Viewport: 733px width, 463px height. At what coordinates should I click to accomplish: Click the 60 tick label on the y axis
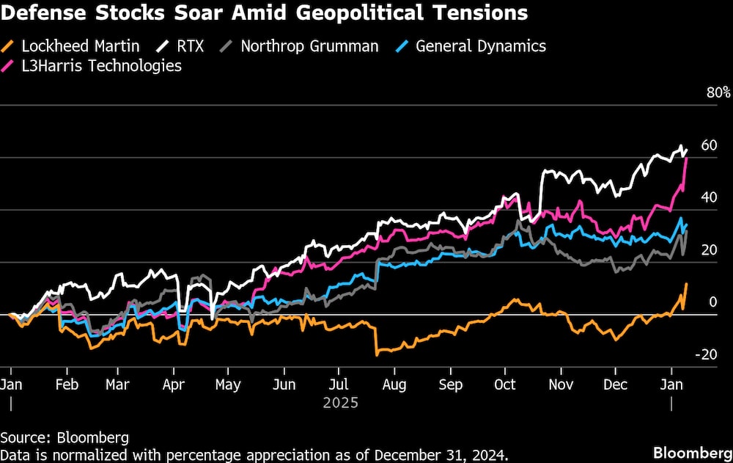coord(708,145)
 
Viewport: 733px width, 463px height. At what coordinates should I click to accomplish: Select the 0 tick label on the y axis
coord(713,302)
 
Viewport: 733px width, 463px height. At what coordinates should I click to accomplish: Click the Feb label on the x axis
coord(67,385)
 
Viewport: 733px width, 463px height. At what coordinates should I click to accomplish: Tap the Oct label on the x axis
coord(505,385)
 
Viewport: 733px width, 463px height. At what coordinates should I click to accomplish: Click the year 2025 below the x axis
coord(340,404)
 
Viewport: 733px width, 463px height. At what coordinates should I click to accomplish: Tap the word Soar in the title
coord(166,13)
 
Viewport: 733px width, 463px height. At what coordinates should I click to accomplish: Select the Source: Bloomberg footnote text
coord(65,438)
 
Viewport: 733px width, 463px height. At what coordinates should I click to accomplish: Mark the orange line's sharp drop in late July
coord(376,341)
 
